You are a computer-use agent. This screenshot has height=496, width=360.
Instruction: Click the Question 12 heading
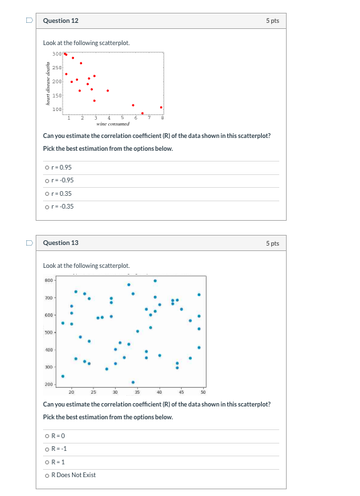(x=61, y=21)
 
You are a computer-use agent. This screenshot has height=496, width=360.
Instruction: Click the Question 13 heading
(x=61, y=243)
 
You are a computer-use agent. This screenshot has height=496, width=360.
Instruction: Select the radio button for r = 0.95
(x=46, y=168)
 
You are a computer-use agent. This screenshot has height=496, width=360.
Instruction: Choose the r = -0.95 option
(x=46, y=180)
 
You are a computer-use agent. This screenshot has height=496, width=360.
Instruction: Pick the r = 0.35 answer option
(x=46, y=193)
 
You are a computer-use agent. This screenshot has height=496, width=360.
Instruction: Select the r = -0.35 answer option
(x=46, y=206)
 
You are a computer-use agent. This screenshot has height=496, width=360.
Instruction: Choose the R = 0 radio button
(x=46, y=436)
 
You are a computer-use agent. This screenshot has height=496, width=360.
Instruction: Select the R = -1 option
(x=46, y=449)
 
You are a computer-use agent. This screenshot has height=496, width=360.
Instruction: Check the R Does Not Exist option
(x=46, y=475)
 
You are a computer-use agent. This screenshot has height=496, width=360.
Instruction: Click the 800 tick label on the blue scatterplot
(x=48, y=280)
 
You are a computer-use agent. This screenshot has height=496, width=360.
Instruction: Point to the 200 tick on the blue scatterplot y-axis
(x=48, y=384)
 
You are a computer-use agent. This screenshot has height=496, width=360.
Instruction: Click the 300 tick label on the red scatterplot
(x=57, y=53)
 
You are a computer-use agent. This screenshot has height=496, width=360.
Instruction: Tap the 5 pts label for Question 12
(x=272, y=21)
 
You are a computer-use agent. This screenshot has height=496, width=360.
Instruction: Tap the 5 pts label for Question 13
(x=272, y=243)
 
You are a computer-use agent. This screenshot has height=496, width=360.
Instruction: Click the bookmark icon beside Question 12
(x=28, y=21)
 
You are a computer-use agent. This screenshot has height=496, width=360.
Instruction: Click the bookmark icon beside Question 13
(x=28, y=243)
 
